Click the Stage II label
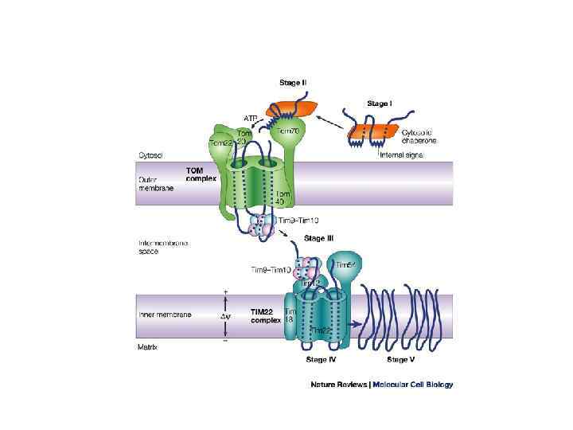[x=294, y=82]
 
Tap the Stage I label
[x=380, y=103]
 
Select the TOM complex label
[x=201, y=174]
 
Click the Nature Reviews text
[x=339, y=385]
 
